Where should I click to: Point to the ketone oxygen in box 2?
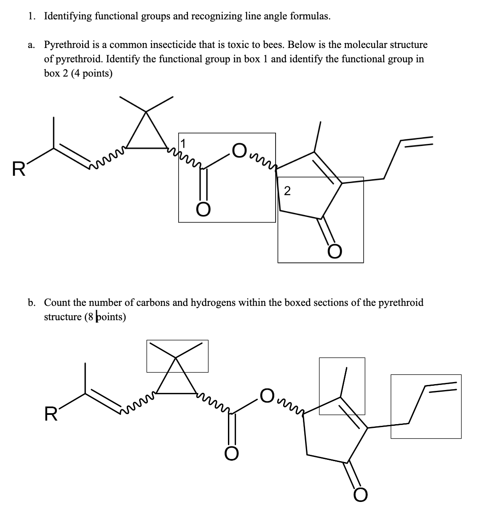(336, 252)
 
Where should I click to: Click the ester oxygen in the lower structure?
(267, 395)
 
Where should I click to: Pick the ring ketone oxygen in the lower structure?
(361, 495)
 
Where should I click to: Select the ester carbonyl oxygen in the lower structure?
(231, 454)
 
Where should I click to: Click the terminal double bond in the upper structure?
(418, 142)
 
